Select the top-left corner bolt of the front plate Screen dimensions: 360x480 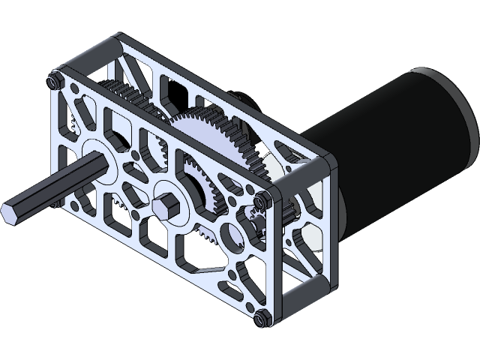click(x=54, y=79)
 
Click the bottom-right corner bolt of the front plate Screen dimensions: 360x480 click(x=261, y=318)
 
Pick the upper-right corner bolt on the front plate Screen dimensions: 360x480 click(x=262, y=199)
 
